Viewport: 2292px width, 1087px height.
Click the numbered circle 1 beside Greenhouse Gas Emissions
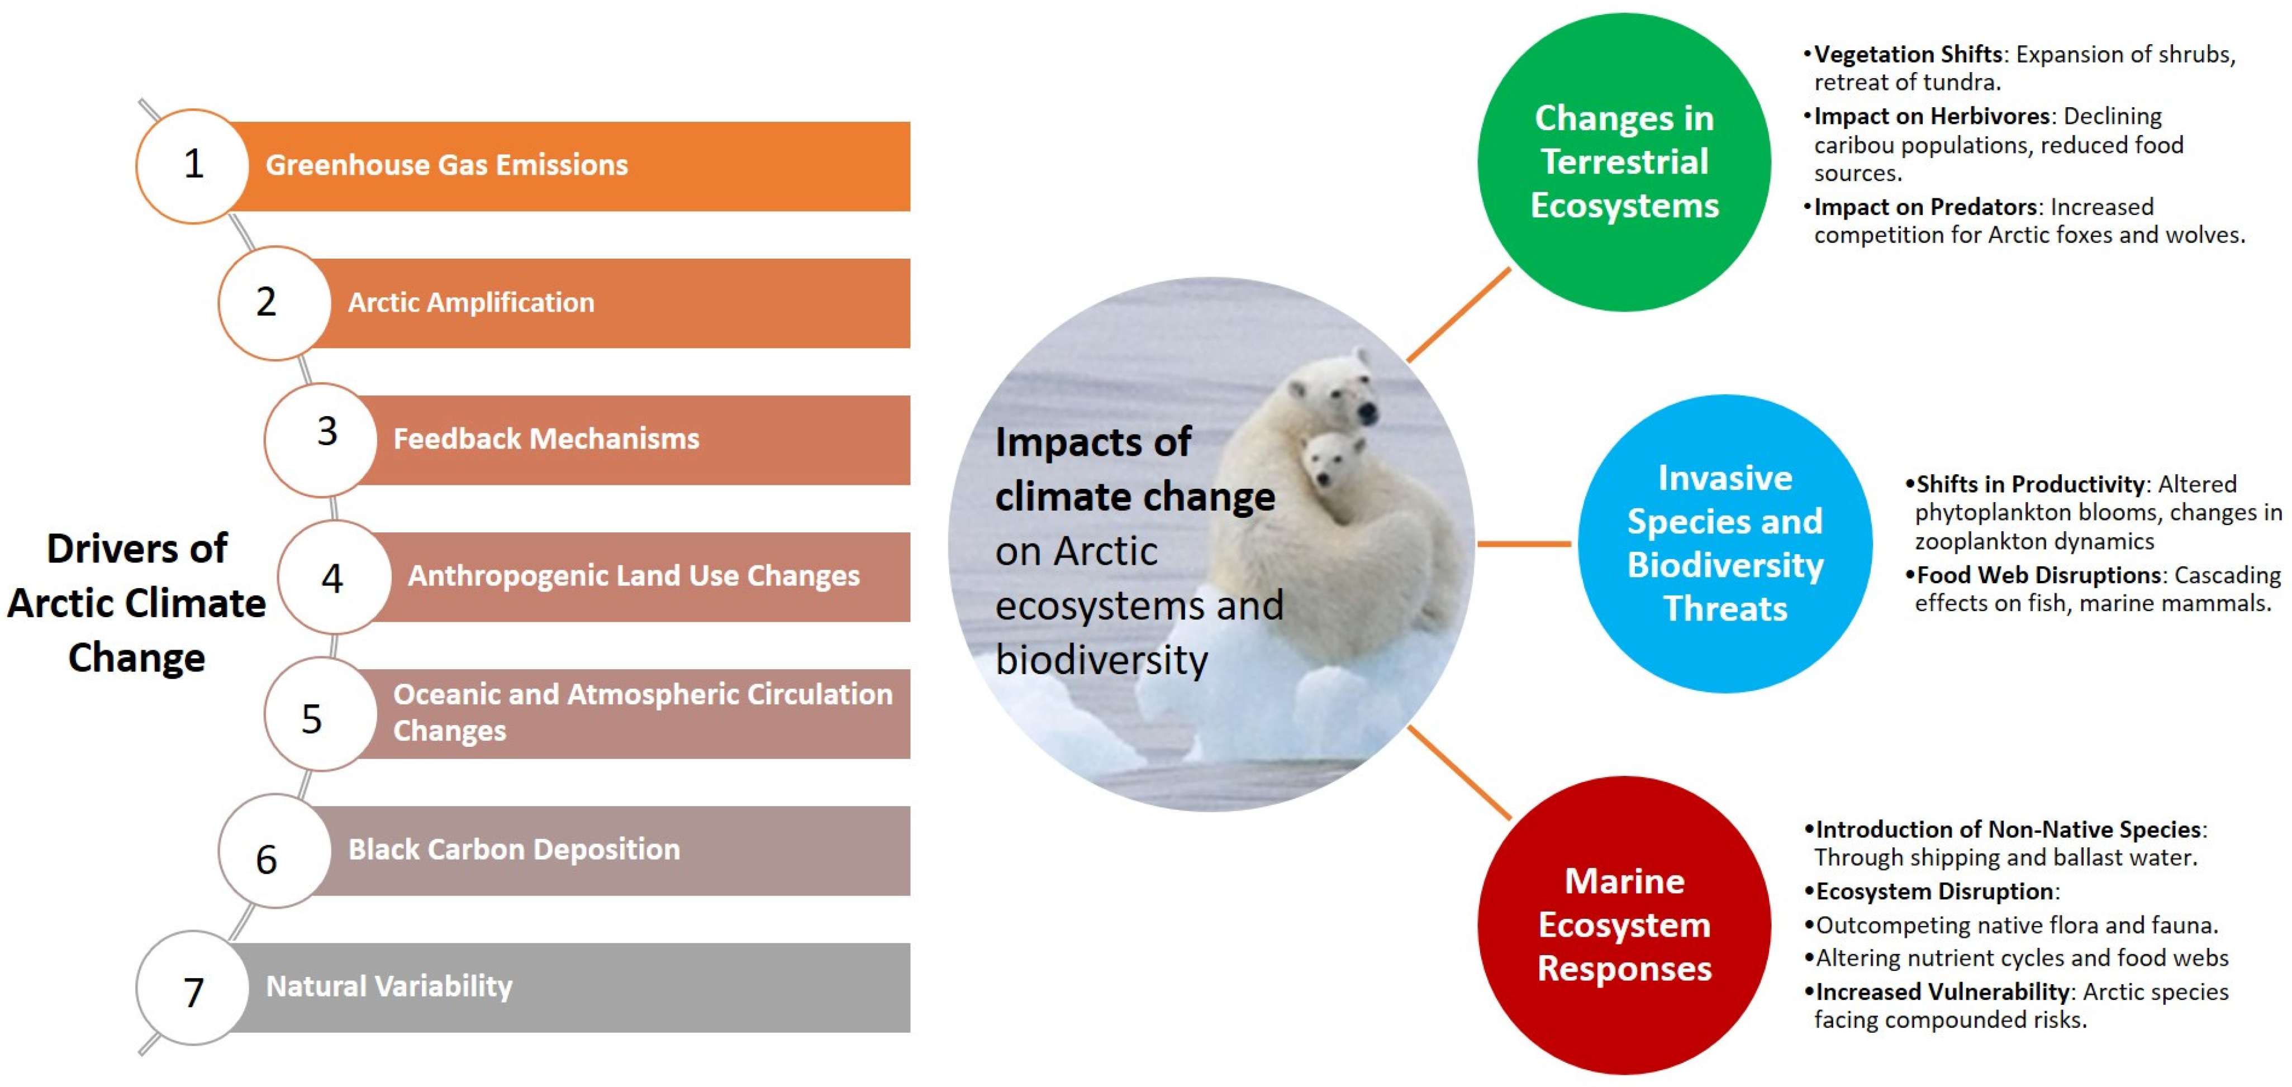pyautogui.click(x=193, y=165)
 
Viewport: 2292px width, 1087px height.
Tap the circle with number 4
pyautogui.click(x=334, y=578)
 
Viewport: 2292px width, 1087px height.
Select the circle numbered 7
pyautogui.click(x=193, y=989)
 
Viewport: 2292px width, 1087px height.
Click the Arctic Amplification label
pyautogui.click(x=470, y=302)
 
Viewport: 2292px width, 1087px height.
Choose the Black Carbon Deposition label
pyautogui.click(x=513, y=850)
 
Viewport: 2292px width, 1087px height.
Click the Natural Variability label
pyautogui.click(x=389, y=986)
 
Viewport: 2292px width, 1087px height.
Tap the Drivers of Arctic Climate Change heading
pyautogui.click(x=137, y=603)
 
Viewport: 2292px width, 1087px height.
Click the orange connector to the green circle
pyautogui.click(x=1459, y=315)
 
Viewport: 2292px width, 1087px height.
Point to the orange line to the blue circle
pyautogui.click(x=1523, y=543)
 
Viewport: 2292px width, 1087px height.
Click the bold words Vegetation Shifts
pyautogui.click(x=1908, y=54)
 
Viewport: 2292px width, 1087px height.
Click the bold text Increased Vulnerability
pyautogui.click(x=1942, y=992)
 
